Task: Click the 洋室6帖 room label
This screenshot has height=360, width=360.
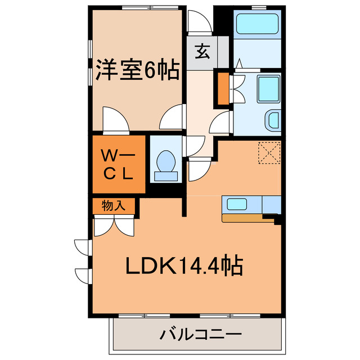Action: point(137,71)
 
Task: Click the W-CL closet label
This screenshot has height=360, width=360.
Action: point(116,164)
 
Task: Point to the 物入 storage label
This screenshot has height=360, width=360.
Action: point(114,206)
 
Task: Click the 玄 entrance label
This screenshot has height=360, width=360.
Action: point(202,52)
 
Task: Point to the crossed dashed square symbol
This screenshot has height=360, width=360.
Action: point(269,152)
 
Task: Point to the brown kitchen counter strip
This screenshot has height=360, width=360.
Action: point(247,218)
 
